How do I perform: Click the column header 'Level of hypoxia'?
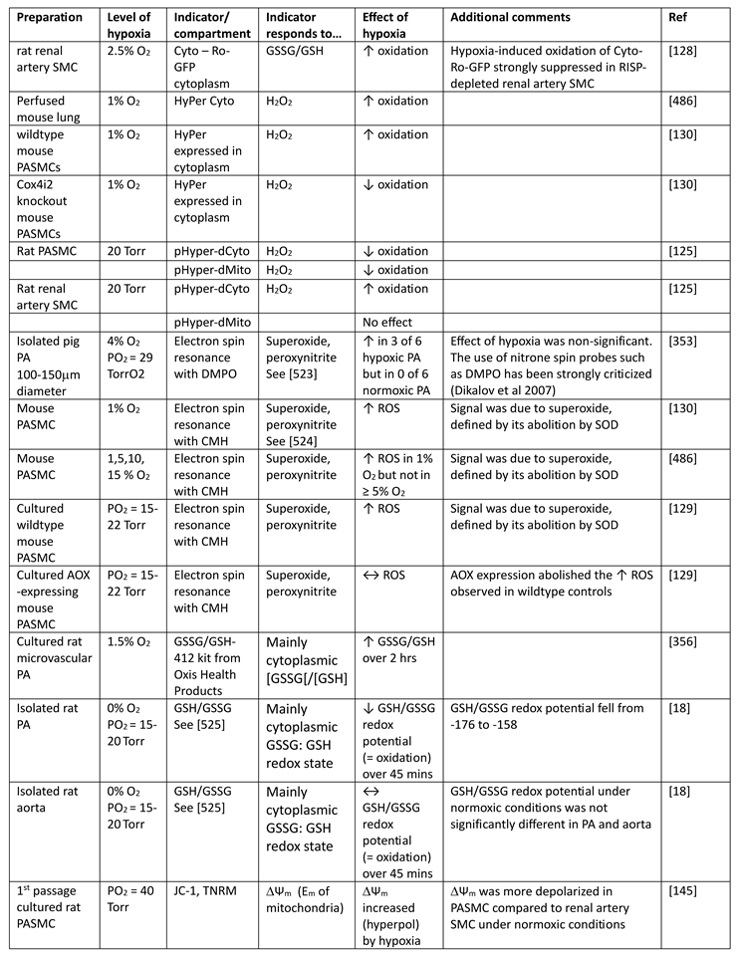click(x=130, y=25)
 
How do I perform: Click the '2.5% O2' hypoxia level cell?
click(x=128, y=47)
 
